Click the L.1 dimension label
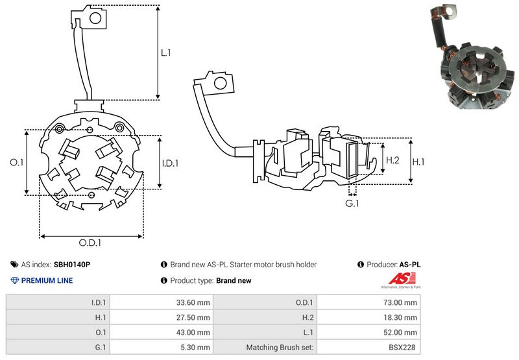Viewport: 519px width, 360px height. [x=165, y=53]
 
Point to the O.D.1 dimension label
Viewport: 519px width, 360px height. [x=91, y=243]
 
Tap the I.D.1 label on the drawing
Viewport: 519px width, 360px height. [x=169, y=163]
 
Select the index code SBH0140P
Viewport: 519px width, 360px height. [x=71, y=265]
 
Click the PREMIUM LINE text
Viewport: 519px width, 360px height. [x=47, y=281]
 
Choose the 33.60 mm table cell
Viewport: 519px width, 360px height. [x=195, y=302]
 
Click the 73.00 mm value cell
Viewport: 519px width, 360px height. [x=402, y=302]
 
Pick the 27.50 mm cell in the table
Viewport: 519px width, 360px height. [x=195, y=317]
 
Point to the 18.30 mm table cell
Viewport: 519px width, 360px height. [x=402, y=317]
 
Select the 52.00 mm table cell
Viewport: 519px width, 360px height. [x=402, y=332]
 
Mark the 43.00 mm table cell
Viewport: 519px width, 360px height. [x=195, y=332]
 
